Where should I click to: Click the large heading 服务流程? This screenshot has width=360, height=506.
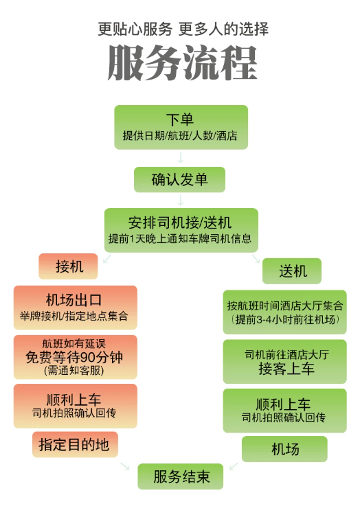(183, 63)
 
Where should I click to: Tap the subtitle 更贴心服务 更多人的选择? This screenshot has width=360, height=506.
(183, 29)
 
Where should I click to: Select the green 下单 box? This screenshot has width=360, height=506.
(181, 127)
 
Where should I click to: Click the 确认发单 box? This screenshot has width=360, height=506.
(179, 179)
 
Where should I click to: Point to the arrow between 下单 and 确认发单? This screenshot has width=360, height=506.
(181, 158)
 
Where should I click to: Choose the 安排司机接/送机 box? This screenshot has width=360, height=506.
(181, 230)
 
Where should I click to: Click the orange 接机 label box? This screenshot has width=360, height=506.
(68, 266)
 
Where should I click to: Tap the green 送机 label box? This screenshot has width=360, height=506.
(292, 271)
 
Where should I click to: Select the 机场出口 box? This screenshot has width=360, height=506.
(75, 308)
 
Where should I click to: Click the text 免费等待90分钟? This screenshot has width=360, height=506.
(74, 357)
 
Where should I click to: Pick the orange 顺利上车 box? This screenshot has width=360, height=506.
(75, 406)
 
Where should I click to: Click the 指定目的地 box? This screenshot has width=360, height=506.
(75, 444)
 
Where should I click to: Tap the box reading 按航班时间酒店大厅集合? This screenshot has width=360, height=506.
(285, 312)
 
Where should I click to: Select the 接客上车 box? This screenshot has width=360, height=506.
(285, 361)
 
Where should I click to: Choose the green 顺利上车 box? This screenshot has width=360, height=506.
(285, 411)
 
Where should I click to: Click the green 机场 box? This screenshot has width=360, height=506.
(284, 449)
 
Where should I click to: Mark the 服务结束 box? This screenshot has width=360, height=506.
(181, 476)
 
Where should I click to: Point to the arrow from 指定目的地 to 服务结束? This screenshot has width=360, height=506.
(125, 466)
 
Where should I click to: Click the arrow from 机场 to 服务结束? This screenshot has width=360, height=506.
(234, 466)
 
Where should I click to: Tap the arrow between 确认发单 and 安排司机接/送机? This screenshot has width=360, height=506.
(181, 200)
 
